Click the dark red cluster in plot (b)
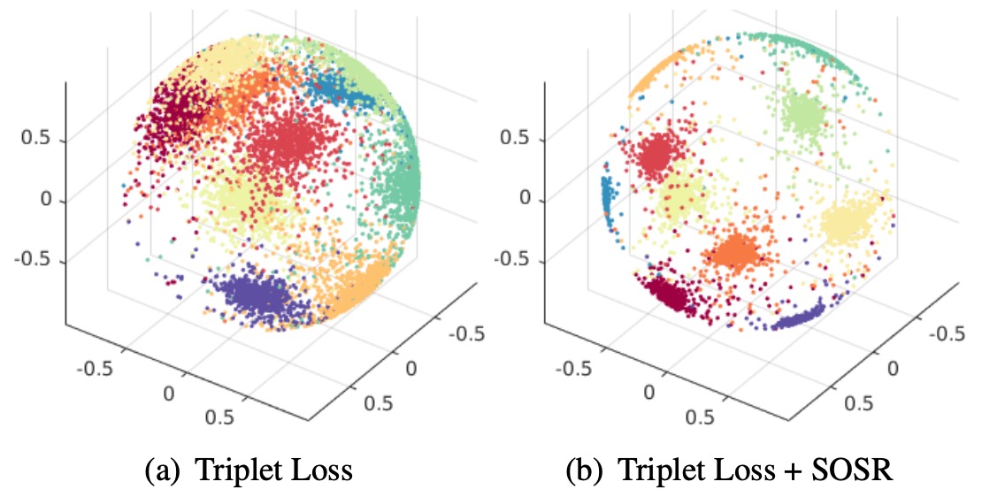pyautogui.click(x=668, y=294)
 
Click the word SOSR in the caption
pyautogui.click(x=855, y=470)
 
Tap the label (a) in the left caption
pyautogui.click(x=160, y=470)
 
